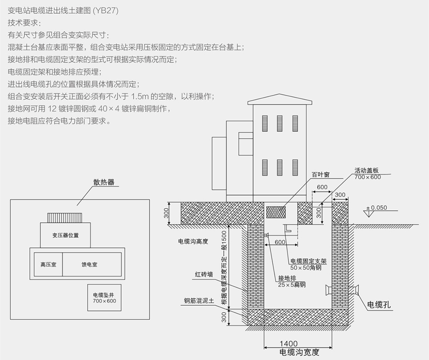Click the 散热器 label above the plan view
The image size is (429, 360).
pyautogui.click(x=104, y=182)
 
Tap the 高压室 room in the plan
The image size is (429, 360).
pyautogui.click(x=48, y=264)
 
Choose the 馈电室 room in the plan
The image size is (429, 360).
pyautogui.click(x=92, y=264)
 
